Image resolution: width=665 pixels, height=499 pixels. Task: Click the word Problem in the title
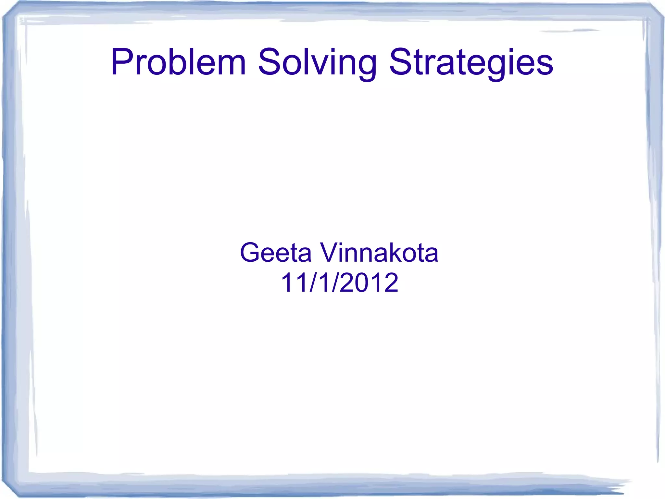(178, 62)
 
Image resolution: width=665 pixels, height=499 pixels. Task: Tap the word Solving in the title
(317, 62)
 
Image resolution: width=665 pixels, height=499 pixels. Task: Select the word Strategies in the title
(471, 62)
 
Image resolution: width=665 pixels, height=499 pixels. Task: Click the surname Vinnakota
(379, 253)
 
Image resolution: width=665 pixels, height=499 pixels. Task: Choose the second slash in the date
(335, 282)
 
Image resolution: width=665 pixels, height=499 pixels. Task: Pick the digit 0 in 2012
(362, 282)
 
